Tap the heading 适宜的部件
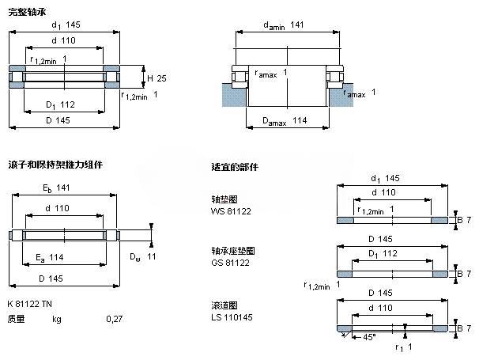(x=235, y=168)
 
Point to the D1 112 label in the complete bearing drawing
(x=60, y=105)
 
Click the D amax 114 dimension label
(x=284, y=121)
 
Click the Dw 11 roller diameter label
(x=144, y=256)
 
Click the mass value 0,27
(x=115, y=320)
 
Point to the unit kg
(x=56, y=320)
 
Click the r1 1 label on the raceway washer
(x=405, y=347)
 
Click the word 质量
(x=16, y=320)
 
